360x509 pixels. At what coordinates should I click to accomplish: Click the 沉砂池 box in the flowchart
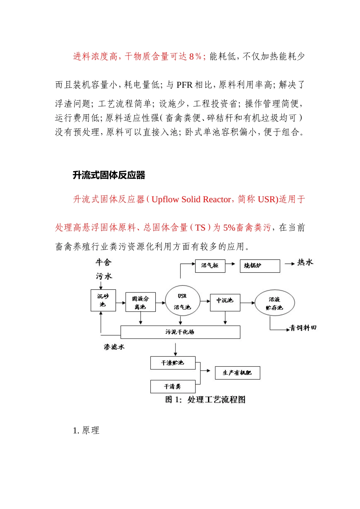tap(103, 300)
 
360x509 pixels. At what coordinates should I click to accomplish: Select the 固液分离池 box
tap(141, 302)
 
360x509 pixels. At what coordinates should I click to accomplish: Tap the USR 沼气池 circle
tap(182, 301)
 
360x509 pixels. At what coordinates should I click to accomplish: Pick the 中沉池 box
tap(225, 301)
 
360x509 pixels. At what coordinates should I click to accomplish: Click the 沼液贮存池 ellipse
tap(274, 303)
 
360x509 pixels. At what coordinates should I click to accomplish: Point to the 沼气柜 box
tap(210, 266)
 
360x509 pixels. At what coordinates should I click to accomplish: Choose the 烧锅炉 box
tap(260, 266)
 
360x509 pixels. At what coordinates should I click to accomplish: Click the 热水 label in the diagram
tap(305, 262)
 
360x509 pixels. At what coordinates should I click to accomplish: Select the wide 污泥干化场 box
tap(180, 332)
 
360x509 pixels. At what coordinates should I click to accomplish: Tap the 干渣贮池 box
tap(173, 363)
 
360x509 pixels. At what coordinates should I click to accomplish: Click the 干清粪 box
tap(173, 387)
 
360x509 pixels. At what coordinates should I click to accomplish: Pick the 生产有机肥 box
tap(237, 373)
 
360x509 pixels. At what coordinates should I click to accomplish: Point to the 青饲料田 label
tap(303, 328)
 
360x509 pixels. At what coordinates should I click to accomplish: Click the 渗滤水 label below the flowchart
tap(114, 347)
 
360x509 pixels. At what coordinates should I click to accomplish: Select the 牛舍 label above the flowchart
tap(103, 262)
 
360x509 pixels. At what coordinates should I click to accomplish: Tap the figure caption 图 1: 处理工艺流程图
tap(205, 400)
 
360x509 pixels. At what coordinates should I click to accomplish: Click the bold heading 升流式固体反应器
tap(109, 175)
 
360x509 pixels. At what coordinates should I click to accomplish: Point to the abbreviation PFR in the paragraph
tap(185, 85)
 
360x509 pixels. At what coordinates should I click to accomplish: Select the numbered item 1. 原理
tap(86, 431)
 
